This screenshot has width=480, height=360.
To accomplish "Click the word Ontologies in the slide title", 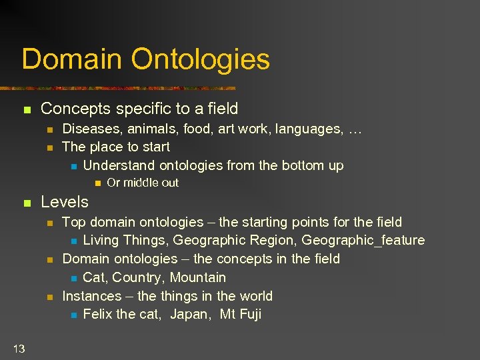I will [x=201, y=59].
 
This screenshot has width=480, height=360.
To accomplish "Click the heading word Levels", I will [x=65, y=201].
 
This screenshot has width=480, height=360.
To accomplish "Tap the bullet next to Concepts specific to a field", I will [x=27, y=109].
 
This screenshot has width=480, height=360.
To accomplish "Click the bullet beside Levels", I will [x=27, y=203].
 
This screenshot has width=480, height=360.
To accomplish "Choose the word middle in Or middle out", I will [x=143, y=183].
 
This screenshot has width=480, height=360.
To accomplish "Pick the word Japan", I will [x=190, y=314].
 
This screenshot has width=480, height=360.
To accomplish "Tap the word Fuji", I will [x=249, y=314].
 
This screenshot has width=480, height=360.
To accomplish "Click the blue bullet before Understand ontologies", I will [x=74, y=166].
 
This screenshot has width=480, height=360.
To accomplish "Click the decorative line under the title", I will [x=127, y=88].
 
